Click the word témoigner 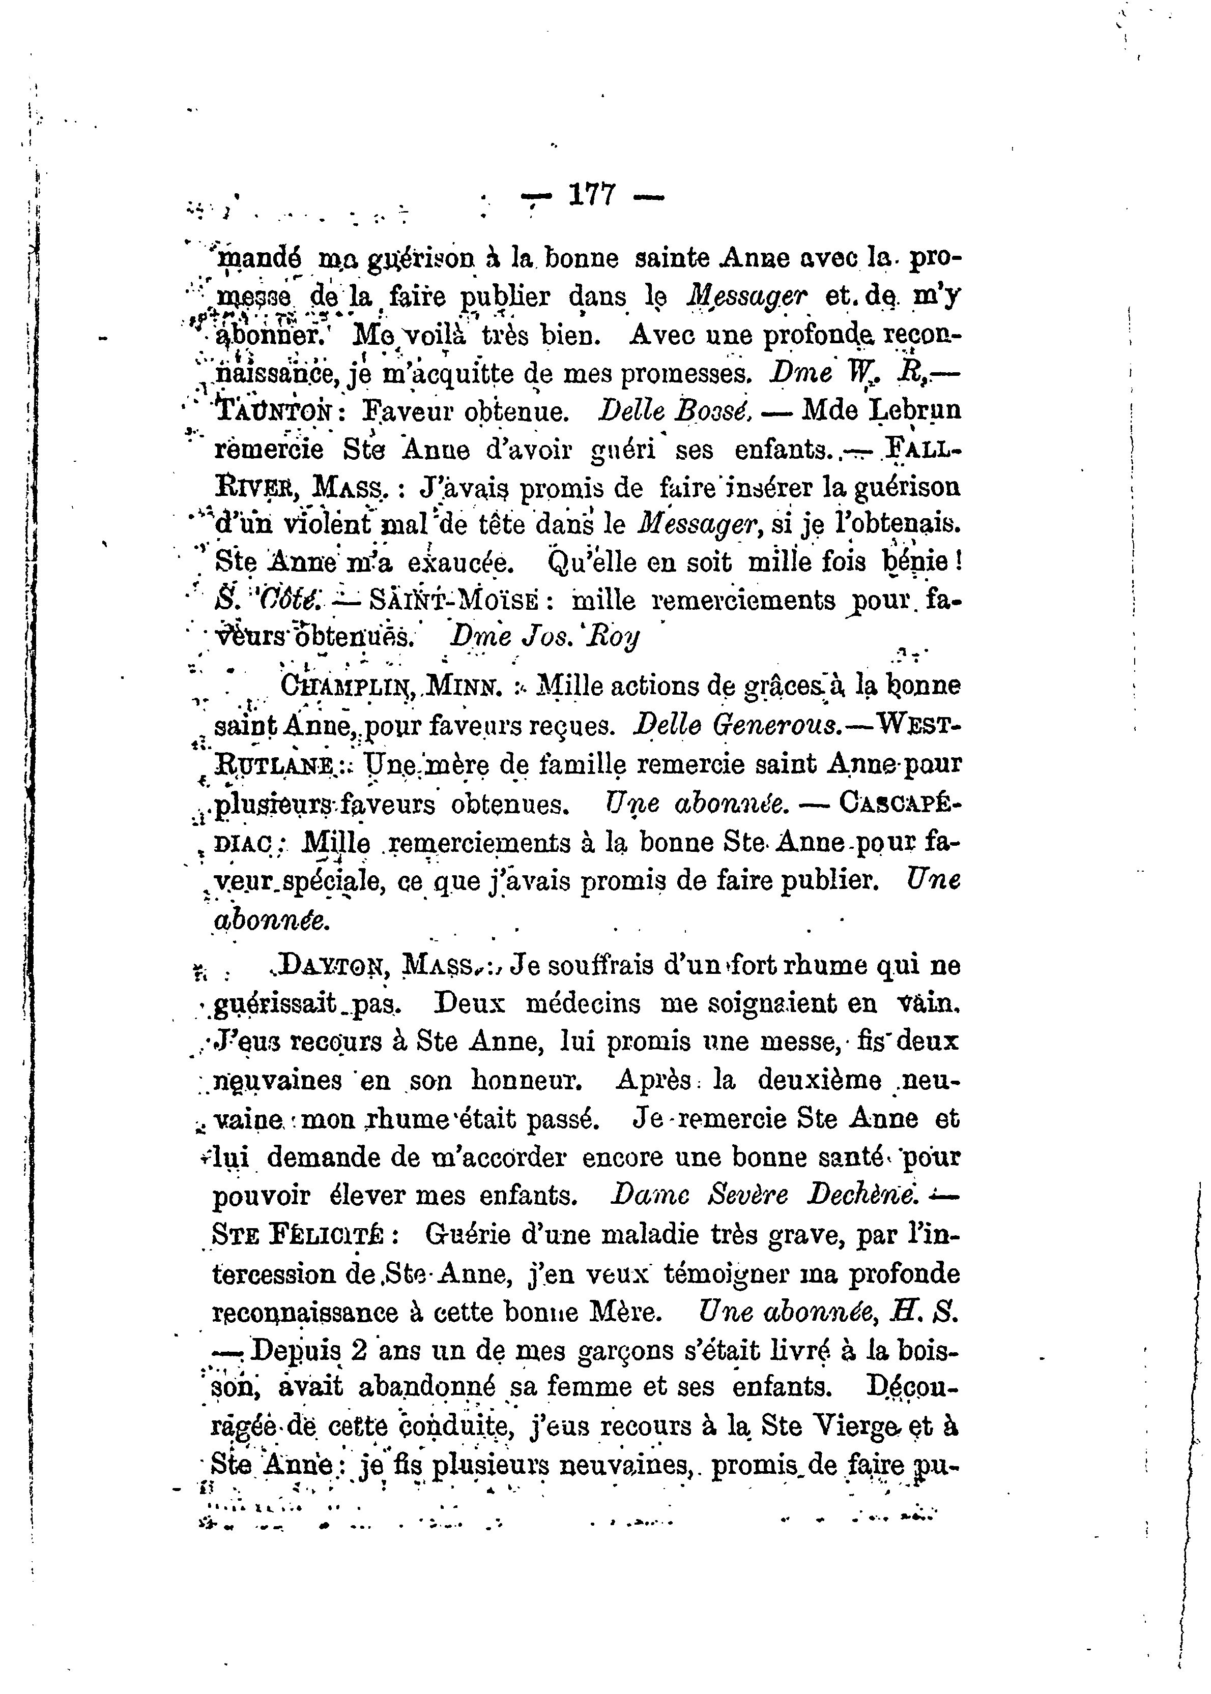click(731, 1273)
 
